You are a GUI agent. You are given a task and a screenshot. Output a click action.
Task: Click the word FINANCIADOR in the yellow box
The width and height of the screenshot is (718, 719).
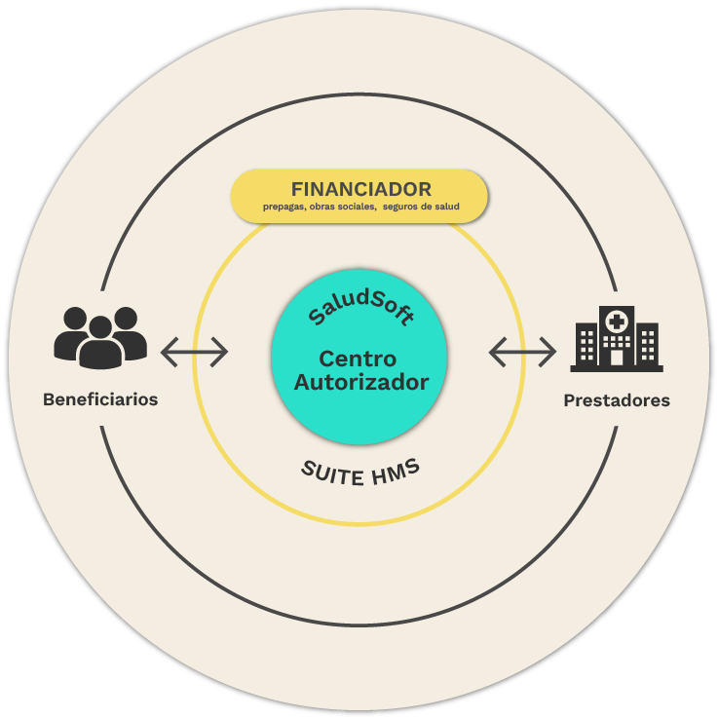360,189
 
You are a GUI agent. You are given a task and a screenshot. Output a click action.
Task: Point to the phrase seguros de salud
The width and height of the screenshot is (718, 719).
421,207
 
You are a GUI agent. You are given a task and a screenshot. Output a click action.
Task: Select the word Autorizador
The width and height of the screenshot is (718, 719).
360,382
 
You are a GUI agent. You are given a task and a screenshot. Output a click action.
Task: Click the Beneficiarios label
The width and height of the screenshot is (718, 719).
100,400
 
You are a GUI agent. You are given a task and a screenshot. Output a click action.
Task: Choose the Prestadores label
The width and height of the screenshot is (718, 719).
617,400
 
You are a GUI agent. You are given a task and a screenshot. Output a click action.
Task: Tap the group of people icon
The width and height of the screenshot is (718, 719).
100,337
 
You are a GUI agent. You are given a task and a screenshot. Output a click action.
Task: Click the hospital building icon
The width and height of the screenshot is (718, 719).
617,338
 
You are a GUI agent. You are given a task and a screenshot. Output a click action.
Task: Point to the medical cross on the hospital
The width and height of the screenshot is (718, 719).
617,321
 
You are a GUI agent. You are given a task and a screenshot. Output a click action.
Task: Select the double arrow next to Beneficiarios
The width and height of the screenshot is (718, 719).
194,351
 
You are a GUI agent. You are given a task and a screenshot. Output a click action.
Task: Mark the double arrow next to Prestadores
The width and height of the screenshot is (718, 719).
522,351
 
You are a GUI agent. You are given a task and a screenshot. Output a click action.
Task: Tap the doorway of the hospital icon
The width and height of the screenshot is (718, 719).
617,357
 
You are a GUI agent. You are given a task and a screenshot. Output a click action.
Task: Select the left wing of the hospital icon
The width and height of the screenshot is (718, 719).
586,346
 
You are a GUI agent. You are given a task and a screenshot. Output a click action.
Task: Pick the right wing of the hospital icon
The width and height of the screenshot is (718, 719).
647,346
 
